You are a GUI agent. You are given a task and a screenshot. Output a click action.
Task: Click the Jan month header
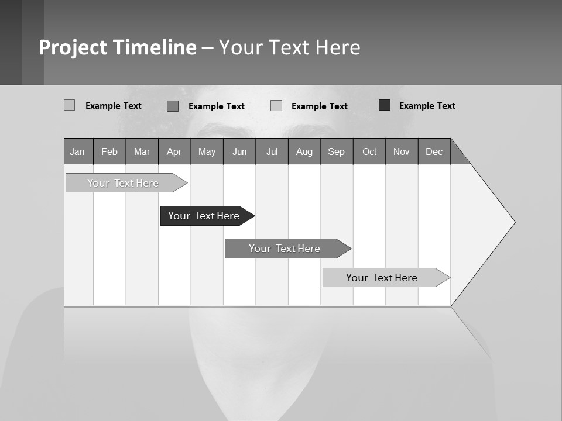(77, 151)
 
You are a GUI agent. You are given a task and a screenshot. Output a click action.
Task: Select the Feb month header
(109, 151)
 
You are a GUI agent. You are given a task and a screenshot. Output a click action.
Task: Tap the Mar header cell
(142, 151)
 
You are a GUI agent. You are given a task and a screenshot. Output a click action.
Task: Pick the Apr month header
(174, 151)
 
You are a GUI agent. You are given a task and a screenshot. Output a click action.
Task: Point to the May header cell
(207, 151)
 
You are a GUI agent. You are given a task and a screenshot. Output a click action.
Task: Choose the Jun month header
(239, 151)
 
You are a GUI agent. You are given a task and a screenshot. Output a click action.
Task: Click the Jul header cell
(272, 151)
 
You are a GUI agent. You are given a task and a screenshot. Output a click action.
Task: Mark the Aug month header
(304, 151)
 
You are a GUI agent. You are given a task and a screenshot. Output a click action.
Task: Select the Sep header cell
(336, 151)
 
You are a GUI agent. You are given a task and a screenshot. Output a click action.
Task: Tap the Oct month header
(369, 151)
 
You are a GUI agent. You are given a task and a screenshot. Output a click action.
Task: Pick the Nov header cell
(402, 151)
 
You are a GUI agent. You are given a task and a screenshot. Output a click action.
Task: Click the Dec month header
(434, 151)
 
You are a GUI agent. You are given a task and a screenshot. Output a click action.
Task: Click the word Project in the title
(73, 47)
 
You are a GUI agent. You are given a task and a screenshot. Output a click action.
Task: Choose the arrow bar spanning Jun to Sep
(286, 249)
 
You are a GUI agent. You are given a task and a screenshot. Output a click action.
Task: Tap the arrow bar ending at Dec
(383, 278)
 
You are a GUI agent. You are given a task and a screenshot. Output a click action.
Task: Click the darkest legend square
(385, 105)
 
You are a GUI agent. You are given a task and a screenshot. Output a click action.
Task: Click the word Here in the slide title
(338, 47)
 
